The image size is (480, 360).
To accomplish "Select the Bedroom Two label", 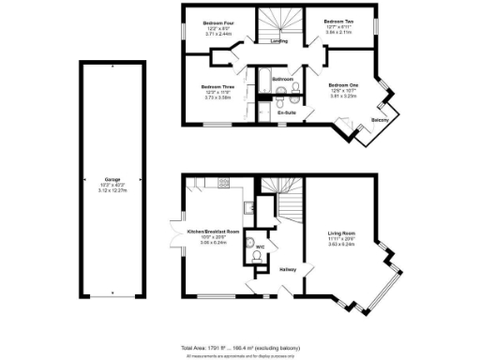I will (x=338, y=20).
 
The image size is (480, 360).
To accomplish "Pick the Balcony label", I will (x=381, y=120).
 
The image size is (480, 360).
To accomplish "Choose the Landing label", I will (x=279, y=41).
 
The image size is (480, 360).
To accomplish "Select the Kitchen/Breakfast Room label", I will (x=214, y=231).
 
